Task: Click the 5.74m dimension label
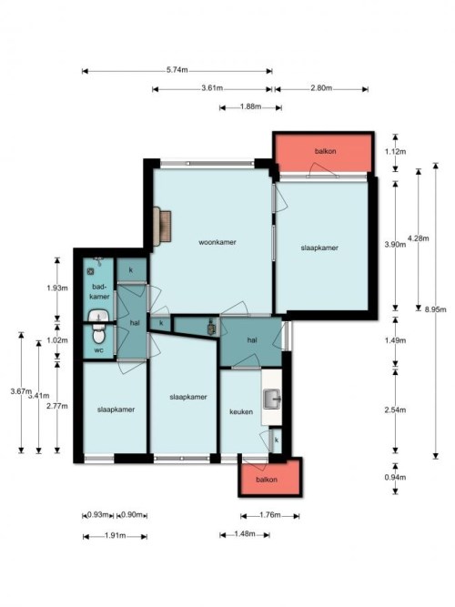pyautogui.click(x=177, y=70)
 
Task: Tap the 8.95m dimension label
pyautogui.click(x=435, y=309)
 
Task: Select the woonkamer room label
pyautogui.click(x=217, y=242)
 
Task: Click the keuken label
pyautogui.click(x=241, y=411)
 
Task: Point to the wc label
pyautogui.click(x=99, y=350)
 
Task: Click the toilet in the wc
pyautogui.click(x=99, y=334)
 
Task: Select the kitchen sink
pyautogui.click(x=273, y=400)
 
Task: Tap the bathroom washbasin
pyautogui.click(x=99, y=316)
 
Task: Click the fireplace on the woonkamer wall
pyautogui.click(x=162, y=227)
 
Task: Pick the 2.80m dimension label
pyautogui.click(x=321, y=88)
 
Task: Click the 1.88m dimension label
pyautogui.click(x=250, y=106)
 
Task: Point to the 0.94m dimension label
pyautogui.click(x=395, y=477)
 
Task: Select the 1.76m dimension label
pyautogui.click(x=270, y=515)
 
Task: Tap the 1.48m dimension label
pyautogui.click(x=245, y=534)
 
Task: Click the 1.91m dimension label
pyautogui.click(x=116, y=536)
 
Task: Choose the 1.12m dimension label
pyautogui.click(x=395, y=151)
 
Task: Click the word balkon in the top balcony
pyautogui.click(x=325, y=151)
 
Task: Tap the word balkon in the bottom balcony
pyautogui.click(x=267, y=480)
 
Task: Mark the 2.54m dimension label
pyautogui.click(x=395, y=410)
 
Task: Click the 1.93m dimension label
pyautogui.click(x=57, y=288)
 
